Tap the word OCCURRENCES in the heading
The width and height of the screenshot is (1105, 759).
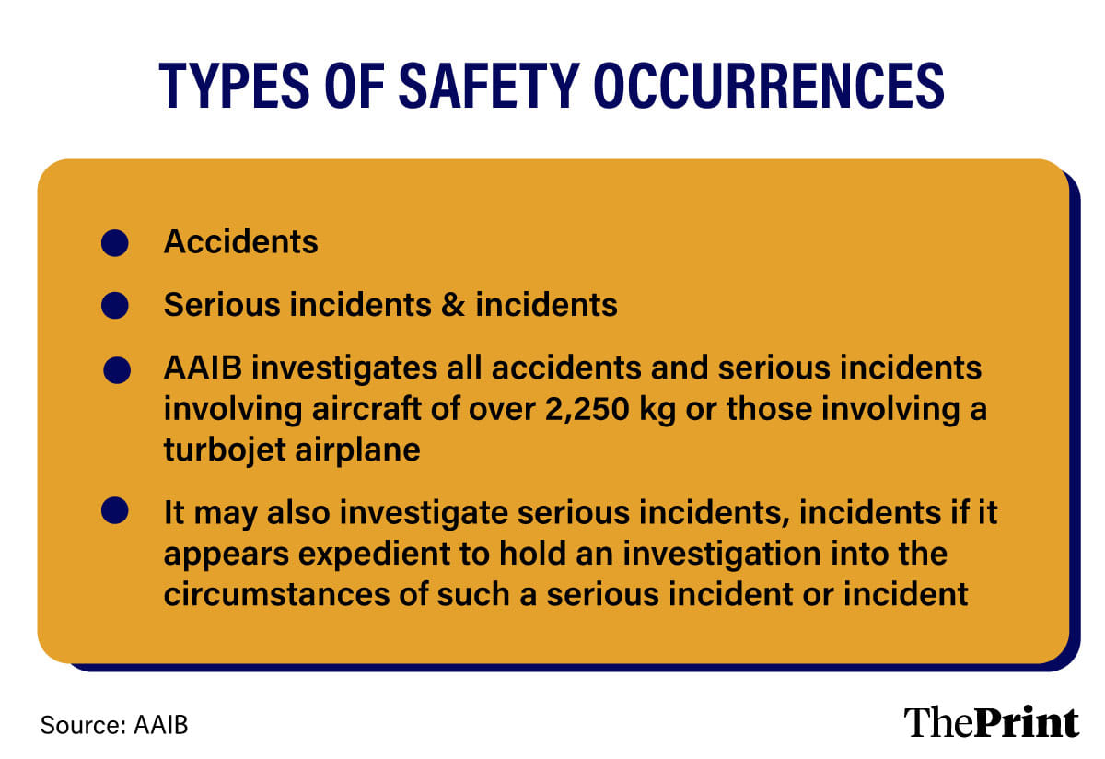769,86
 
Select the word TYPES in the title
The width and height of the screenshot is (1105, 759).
234,86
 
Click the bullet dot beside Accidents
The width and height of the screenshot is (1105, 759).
115,243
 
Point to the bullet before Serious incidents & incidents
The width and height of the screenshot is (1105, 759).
115,305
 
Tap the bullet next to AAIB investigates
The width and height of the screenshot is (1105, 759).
117,370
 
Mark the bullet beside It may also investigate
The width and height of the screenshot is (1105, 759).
115,510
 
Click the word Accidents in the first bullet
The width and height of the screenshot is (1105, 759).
240,242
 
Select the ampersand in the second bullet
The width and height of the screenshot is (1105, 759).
453,305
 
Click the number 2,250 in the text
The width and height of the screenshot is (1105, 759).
587,410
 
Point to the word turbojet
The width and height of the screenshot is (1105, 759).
224,451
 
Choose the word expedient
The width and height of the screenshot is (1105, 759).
374,555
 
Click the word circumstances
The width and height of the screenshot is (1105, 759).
277,594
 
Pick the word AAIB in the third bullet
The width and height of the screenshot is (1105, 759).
203,368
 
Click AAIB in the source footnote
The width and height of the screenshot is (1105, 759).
161,725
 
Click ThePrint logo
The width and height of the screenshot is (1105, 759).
991,722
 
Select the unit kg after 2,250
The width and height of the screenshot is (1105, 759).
657,411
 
